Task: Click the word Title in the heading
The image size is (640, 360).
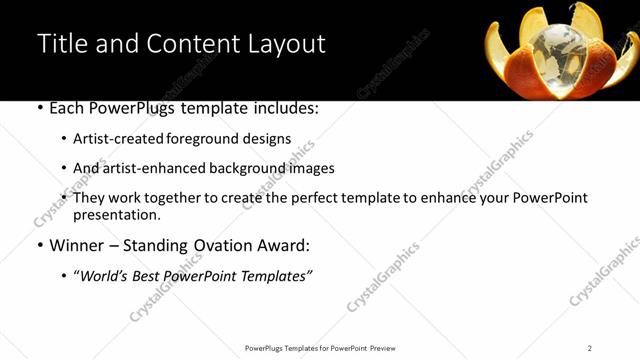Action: (59, 44)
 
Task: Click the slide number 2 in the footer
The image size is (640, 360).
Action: (590, 348)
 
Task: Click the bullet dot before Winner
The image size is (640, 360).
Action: (39, 246)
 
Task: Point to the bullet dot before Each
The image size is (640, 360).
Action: (39, 108)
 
